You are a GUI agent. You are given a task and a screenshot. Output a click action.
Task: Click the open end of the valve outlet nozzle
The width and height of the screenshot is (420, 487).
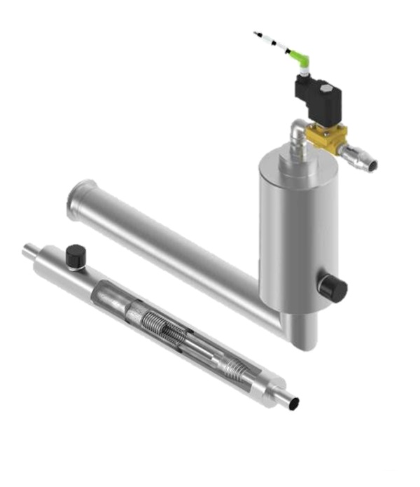coord(372,165)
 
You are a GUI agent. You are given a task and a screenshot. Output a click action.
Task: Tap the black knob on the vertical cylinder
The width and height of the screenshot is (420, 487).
coord(332,288)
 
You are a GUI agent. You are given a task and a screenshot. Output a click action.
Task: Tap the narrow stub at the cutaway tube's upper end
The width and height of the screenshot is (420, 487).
coord(31,249)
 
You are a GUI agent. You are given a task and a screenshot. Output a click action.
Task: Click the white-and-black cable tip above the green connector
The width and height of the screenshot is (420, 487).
coord(266,39)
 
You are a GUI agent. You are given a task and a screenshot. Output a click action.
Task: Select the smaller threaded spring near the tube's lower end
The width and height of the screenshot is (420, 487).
coord(232,366)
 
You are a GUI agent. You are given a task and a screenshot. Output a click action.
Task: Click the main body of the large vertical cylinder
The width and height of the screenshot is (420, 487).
coord(297,231)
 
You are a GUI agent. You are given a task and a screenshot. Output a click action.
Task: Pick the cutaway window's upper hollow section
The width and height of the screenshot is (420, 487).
coord(112,294)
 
